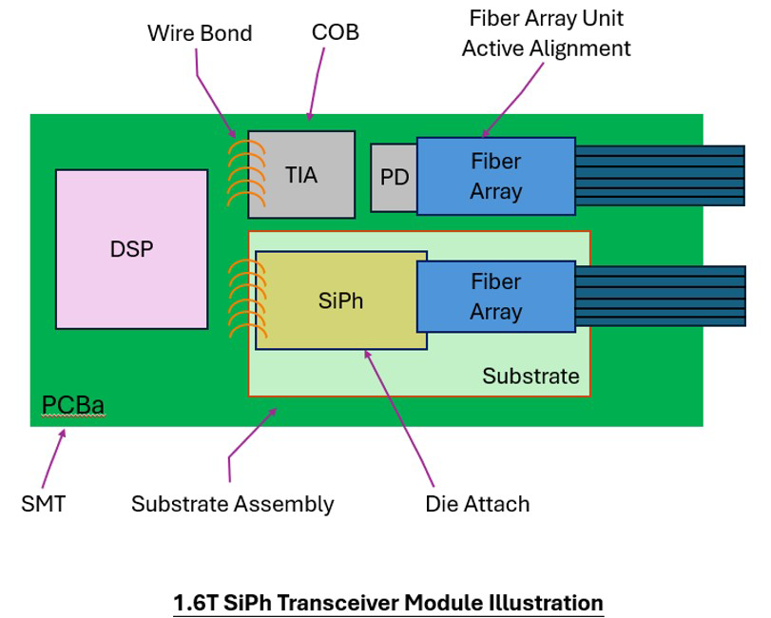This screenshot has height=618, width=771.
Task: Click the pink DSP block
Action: point(132,249)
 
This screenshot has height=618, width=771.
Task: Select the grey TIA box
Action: point(301,175)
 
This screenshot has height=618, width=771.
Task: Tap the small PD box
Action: point(394,178)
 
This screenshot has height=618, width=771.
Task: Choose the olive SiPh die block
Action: point(340,300)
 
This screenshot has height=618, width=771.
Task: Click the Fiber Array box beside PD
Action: point(495,176)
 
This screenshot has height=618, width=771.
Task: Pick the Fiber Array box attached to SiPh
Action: point(495,297)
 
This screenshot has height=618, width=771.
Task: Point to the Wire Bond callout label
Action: point(200,33)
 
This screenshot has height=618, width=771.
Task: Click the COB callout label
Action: point(336,32)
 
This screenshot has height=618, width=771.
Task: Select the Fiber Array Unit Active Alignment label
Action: point(546,33)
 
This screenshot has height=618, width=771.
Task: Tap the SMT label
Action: point(44,504)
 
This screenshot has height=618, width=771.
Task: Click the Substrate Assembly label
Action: point(233,505)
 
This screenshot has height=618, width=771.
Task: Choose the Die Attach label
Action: point(477,505)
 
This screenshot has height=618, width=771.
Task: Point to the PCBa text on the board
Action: point(73,405)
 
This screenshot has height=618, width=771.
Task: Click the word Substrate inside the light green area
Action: point(530,377)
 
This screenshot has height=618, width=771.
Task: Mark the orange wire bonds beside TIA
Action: point(246,173)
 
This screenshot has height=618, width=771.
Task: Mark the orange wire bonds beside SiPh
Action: point(248,299)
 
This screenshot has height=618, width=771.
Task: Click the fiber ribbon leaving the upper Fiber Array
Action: point(660,176)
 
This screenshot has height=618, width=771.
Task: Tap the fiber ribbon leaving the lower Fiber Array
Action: point(661,296)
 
